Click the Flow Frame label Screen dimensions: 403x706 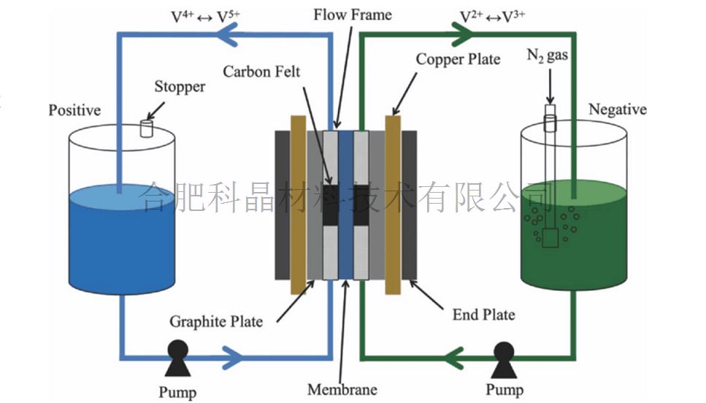(x=353, y=15)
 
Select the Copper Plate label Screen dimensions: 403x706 (x=458, y=58)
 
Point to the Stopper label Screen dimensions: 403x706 (x=180, y=87)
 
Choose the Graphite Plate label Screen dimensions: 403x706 (x=215, y=321)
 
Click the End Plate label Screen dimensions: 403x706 (x=483, y=315)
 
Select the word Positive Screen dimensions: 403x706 (x=74, y=110)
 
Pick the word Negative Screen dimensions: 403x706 (x=617, y=110)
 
